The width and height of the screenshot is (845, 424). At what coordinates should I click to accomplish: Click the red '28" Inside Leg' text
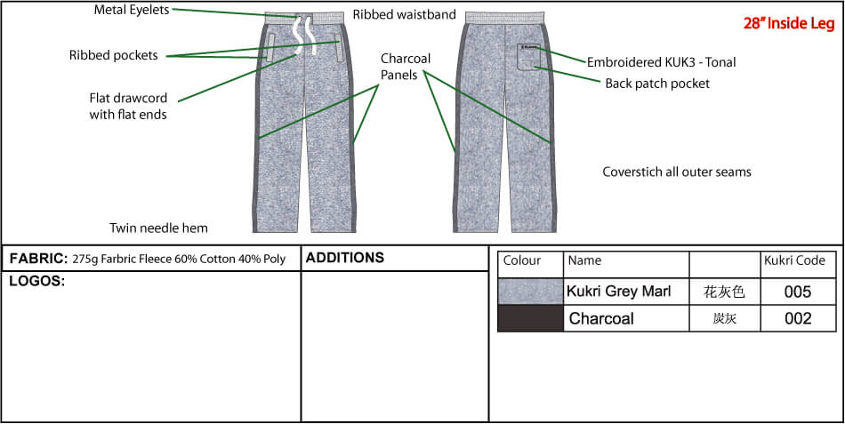[x=788, y=24]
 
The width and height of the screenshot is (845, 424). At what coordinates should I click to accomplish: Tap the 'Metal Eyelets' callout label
[x=132, y=10]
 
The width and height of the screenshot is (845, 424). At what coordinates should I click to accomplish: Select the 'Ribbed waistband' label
[x=404, y=14]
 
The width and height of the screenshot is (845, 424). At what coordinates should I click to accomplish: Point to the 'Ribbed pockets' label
[x=114, y=55]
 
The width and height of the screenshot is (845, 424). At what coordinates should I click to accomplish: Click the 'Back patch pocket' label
[x=657, y=84]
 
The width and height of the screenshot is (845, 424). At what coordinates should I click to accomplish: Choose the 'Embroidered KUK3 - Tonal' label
[x=661, y=62]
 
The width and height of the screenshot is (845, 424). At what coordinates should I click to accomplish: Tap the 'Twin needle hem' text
[x=158, y=228]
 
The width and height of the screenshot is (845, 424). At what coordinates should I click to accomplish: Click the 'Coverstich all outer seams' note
[x=676, y=172]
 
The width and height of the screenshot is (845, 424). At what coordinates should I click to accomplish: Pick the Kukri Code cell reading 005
[x=798, y=292]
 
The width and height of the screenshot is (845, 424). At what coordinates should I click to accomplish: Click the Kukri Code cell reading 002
[x=798, y=318]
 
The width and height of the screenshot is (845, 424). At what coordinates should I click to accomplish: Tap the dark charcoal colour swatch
[x=530, y=318]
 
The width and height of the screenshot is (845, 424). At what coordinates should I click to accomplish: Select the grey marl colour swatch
[x=530, y=292]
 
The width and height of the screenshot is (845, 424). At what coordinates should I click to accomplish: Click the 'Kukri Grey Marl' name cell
[x=619, y=292]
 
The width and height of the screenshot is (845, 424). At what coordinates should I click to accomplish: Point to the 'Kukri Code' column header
[x=794, y=260]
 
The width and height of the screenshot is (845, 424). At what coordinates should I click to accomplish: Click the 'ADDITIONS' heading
[x=345, y=258]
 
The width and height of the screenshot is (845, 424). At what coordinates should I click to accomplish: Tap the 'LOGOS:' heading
[x=37, y=281]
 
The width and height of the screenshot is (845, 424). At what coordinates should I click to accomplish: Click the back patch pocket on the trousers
[x=531, y=57]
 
